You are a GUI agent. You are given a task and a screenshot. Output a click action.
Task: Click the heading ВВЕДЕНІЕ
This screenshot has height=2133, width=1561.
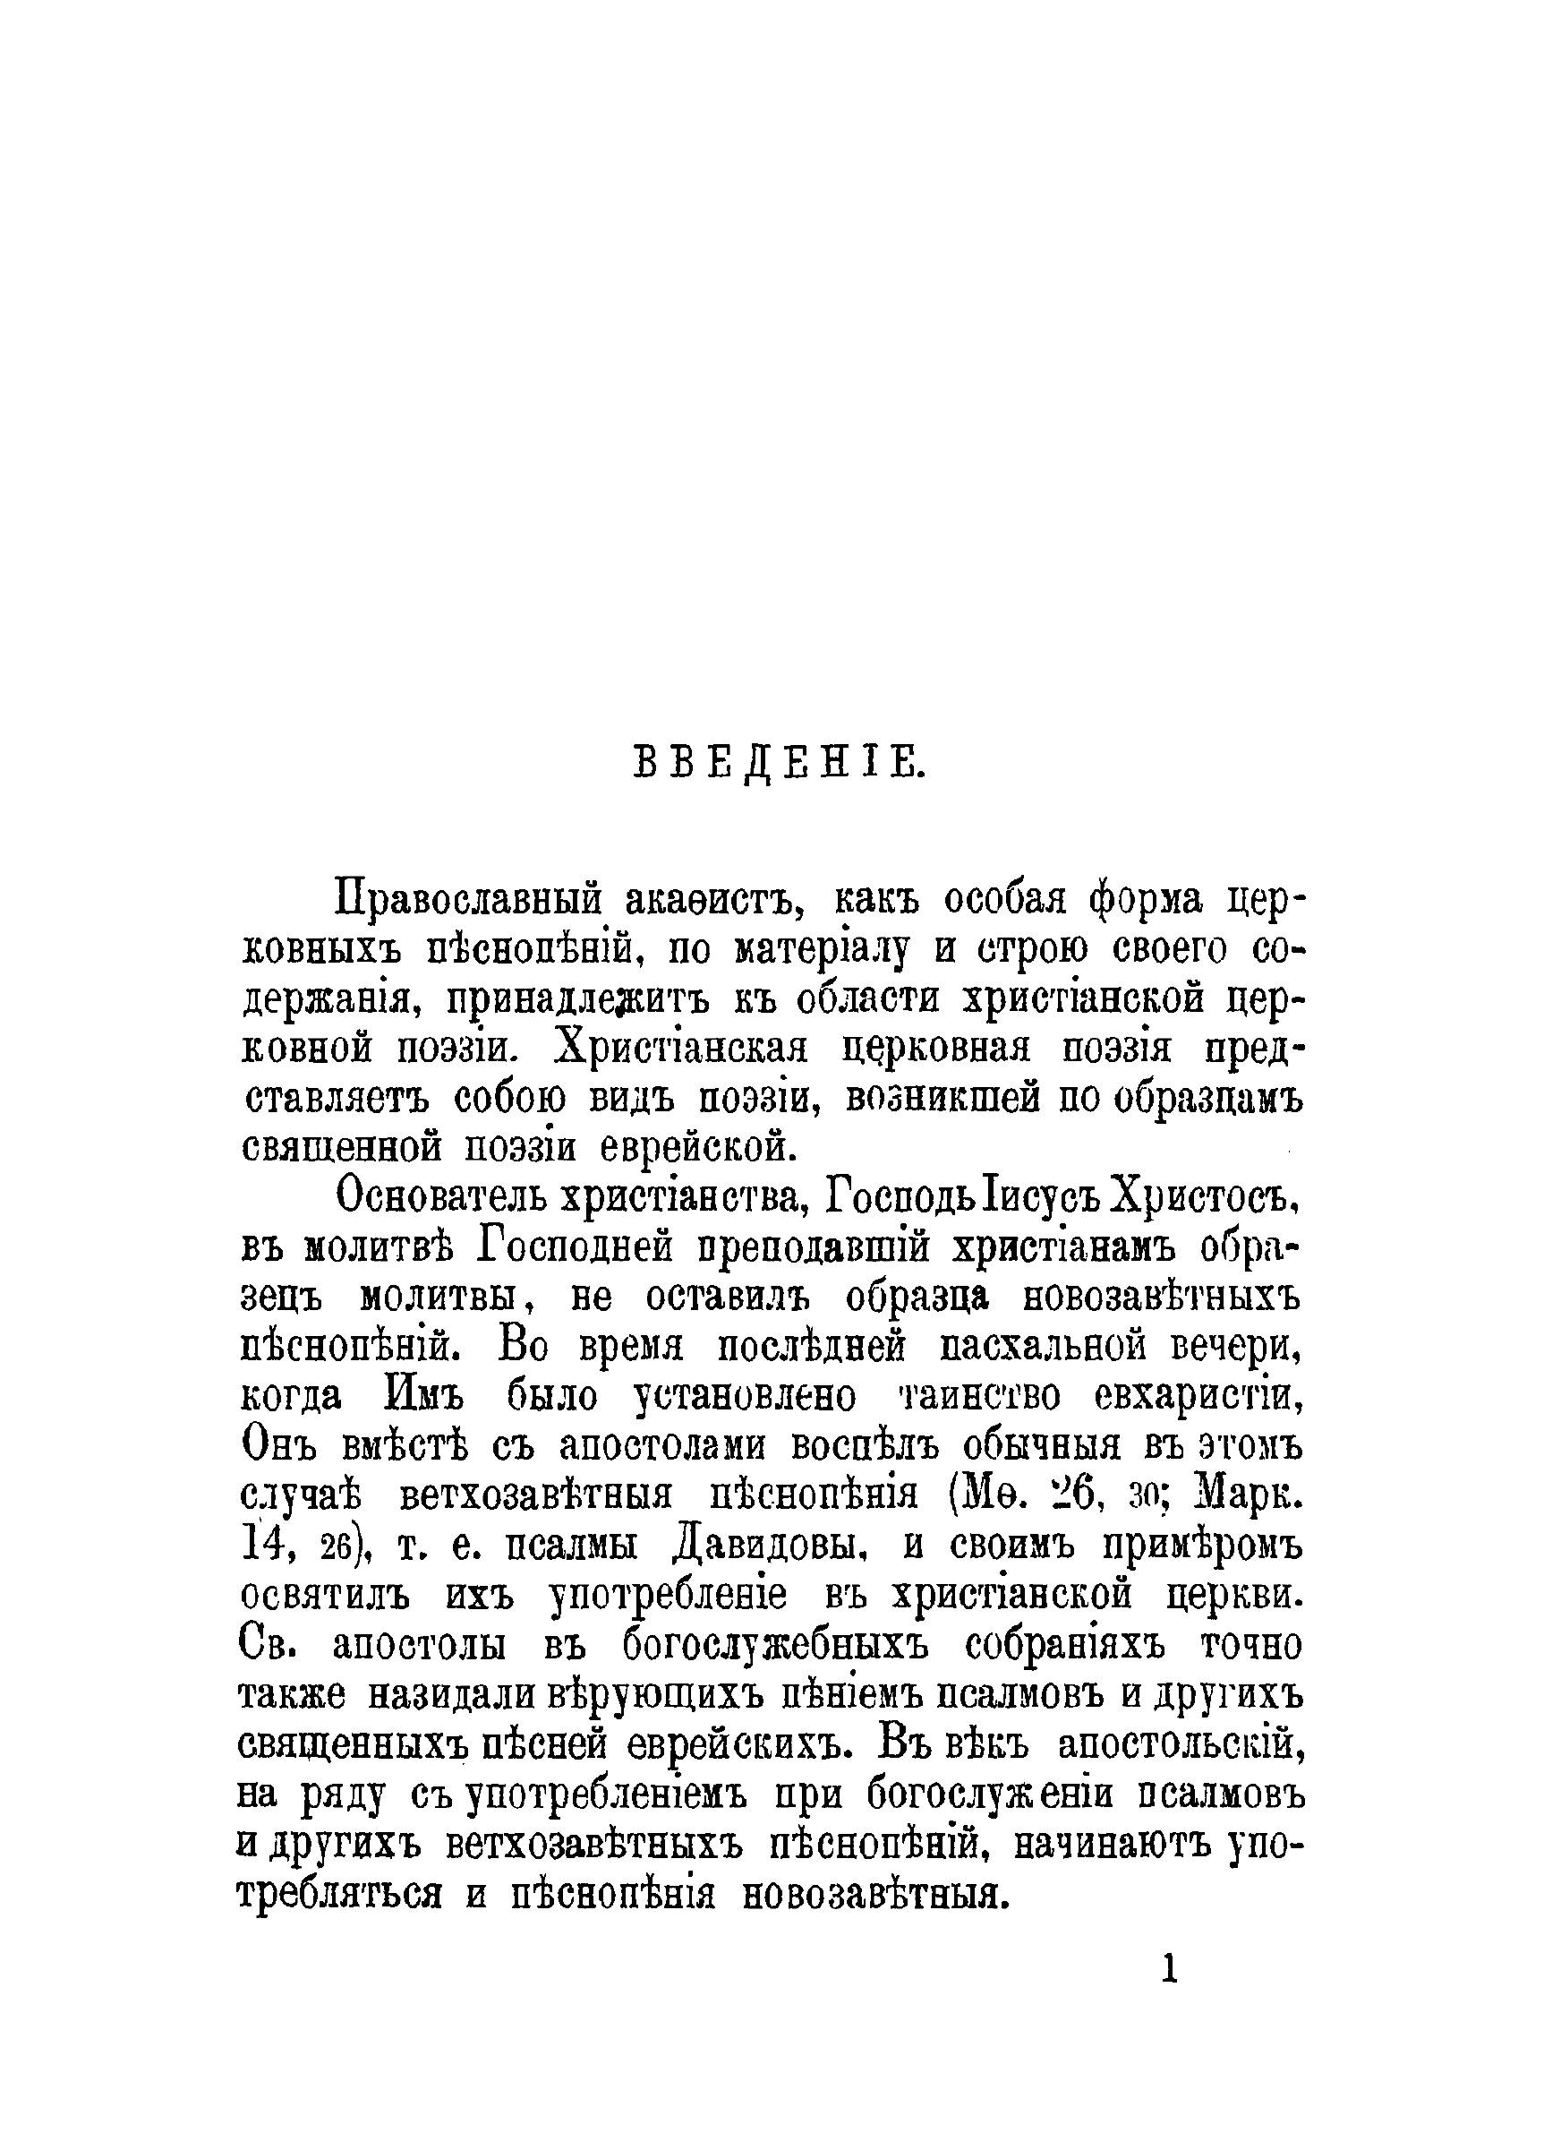click(780, 762)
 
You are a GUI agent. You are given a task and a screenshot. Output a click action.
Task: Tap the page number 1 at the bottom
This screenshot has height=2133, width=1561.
click(1169, 1969)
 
